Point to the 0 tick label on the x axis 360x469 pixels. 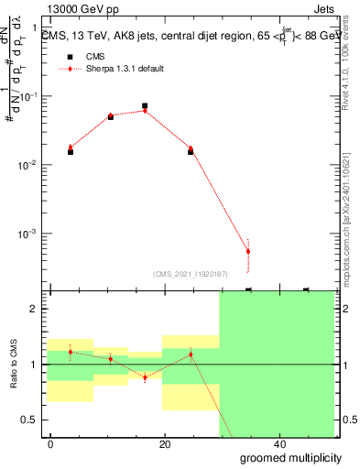pos(51,443)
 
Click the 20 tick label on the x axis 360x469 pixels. pos(165,443)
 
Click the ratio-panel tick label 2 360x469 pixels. pos(35,309)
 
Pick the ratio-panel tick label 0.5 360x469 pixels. pos(30,420)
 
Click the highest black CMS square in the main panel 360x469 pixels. pos(145,106)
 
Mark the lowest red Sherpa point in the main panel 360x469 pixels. pos(248,251)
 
